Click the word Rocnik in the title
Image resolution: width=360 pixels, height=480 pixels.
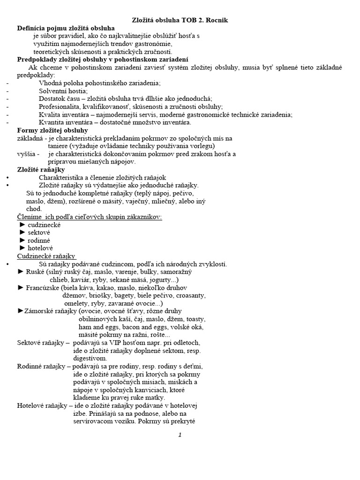[217, 20]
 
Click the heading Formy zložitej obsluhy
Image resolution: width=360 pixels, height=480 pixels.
[52, 130]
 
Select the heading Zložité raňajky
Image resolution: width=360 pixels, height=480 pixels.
[41, 170]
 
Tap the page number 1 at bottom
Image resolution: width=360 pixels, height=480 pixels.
[180, 435]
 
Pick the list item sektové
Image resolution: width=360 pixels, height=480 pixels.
[39, 232]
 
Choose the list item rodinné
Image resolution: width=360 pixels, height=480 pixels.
[39, 240]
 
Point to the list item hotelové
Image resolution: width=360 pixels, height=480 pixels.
[40, 247]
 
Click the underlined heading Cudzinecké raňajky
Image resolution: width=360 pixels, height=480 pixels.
[46, 256]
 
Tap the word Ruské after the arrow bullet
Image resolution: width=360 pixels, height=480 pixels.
[35, 271]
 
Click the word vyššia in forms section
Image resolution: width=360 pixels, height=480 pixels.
[26, 154]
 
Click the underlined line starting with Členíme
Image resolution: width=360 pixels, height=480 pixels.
[89, 217]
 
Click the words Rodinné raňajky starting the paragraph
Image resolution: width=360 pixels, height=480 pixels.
[43, 366]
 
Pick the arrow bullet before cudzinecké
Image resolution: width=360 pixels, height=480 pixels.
[22, 225]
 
